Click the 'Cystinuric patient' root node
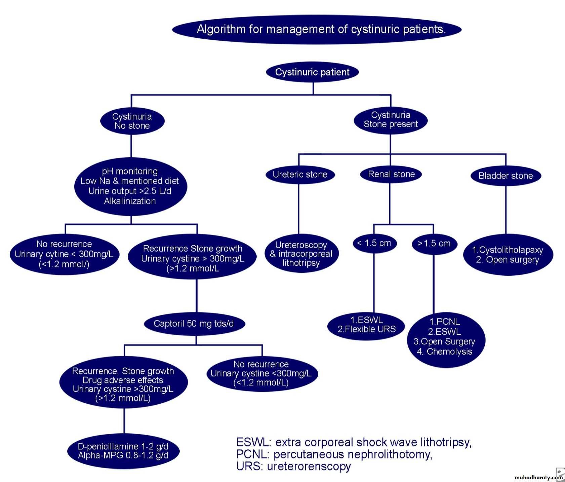pyautogui.click(x=312, y=72)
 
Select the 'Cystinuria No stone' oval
pyautogui.click(x=132, y=121)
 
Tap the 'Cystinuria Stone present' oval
pyautogui.click(x=391, y=120)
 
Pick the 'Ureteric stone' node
pyautogui.click(x=300, y=175)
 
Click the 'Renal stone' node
pyautogui.click(x=391, y=174)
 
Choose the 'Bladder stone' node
pyautogui.click(x=506, y=176)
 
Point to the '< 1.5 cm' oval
pyautogui.click(x=374, y=243)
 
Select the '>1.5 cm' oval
pyautogui.click(x=434, y=244)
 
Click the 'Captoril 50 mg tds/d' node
pyautogui.click(x=194, y=324)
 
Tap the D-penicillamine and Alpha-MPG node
pyautogui.click(x=123, y=451)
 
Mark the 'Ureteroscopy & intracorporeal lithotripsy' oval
pyautogui.click(x=301, y=254)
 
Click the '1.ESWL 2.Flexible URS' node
pyautogui.click(x=366, y=325)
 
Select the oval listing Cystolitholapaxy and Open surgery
pyautogui.click(x=508, y=255)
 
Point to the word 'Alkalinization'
pyautogui.click(x=130, y=201)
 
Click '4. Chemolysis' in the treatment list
pyautogui.click(x=444, y=352)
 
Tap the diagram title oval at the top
pyautogui.click(x=317, y=29)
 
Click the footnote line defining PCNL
pyautogui.click(x=334, y=454)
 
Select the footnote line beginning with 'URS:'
pyautogui.click(x=293, y=467)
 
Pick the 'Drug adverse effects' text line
pyautogui.click(x=123, y=380)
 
